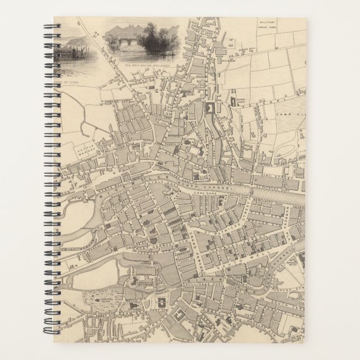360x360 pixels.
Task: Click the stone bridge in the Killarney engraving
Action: tap(124, 42)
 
